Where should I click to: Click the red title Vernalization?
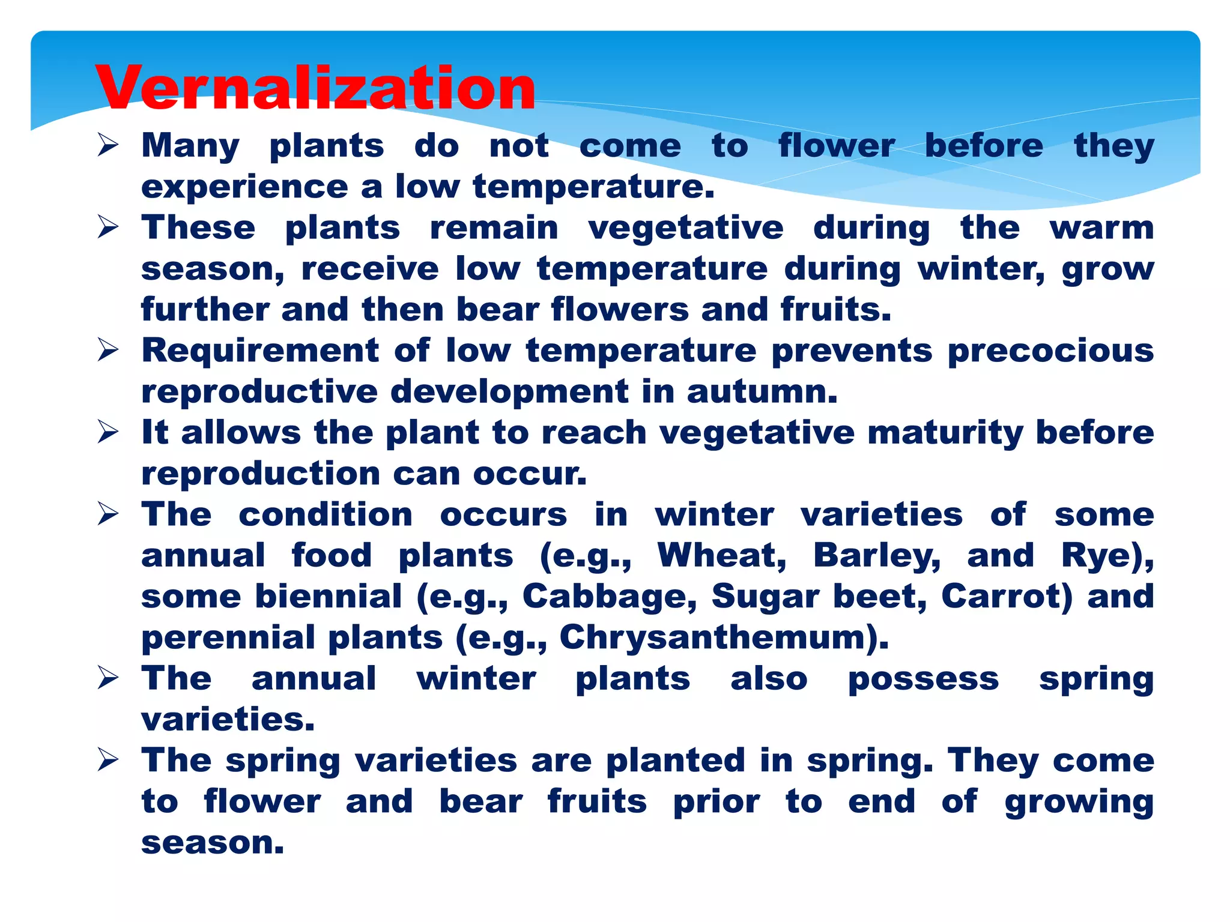tap(315, 89)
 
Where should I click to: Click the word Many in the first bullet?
tap(190, 146)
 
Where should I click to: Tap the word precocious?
tap(1050, 351)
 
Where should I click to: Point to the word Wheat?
tap(721, 556)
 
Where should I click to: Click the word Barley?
tap(876, 556)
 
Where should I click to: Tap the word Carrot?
tap(1005, 597)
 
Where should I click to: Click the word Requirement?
tap(259, 351)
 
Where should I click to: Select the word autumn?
tap(761, 392)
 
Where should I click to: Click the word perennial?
tap(228, 637)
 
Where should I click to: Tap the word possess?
tap(923, 679)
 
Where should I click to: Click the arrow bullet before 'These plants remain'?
tap(108, 228)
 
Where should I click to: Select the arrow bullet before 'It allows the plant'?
tap(108, 433)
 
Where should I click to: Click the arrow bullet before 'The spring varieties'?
tap(108, 761)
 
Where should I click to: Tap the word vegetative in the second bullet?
tap(685, 228)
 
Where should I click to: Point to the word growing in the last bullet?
tap(1079, 803)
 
